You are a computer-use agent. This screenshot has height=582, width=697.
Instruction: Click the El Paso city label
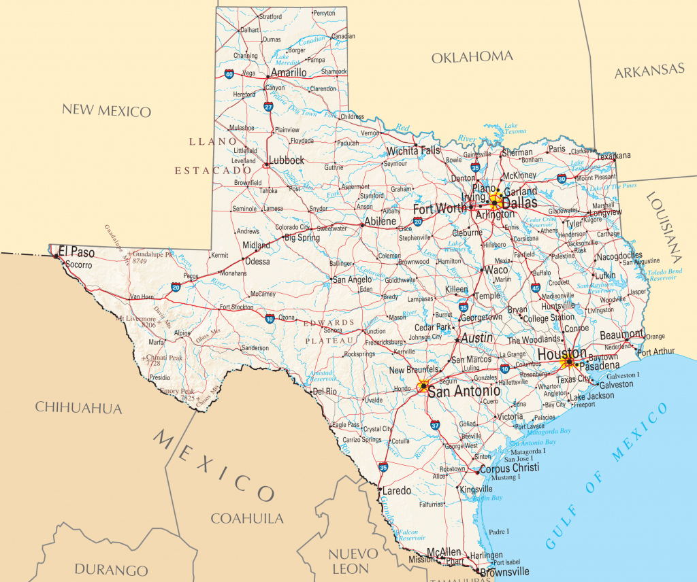coord(77,252)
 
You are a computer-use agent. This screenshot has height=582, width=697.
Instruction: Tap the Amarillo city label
coord(289,72)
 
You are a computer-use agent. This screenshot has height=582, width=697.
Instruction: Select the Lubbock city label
coord(286,160)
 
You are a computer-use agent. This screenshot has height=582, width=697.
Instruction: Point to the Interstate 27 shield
coord(268,107)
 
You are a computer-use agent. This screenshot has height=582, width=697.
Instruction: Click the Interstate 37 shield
coord(435,425)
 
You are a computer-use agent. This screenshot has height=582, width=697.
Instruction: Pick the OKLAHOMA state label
coord(472,57)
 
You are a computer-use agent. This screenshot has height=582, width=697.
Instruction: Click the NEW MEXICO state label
coord(106,110)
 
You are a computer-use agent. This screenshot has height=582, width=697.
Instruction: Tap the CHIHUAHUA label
coord(78,408)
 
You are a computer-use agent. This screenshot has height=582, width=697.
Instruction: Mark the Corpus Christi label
coord(509,468)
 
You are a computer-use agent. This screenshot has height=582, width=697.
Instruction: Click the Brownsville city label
coord(504,572)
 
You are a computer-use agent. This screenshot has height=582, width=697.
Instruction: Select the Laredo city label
coord(397,490)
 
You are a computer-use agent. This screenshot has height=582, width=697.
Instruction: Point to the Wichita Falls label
coord(413,150)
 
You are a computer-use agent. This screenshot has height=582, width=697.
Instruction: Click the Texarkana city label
coord(614,156)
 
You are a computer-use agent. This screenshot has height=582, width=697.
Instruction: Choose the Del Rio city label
coord(325,392)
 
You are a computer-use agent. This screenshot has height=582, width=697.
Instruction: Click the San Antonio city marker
coord(423,386)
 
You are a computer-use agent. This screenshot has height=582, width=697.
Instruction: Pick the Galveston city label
coord(616,385)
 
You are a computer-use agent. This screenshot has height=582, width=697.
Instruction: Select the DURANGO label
coord(111,570)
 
